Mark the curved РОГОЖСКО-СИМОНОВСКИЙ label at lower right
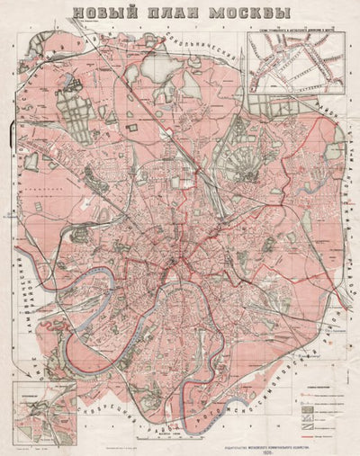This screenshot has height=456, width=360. pos(297,360)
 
